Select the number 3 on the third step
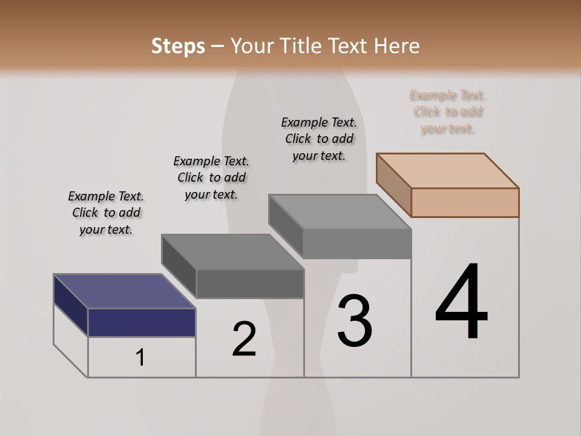coord(355,321)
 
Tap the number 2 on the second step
coord(245,339)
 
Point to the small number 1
coord(140,358)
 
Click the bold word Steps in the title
coord(178,46)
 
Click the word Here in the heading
coord(397,46)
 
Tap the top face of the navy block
coord(124,291)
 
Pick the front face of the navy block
coord(142,322)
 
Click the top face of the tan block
coord(448,170)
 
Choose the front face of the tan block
coord(465,202)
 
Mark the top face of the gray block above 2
coord(232,251)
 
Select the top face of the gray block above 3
coord(340,212)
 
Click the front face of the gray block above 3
coord(357,244)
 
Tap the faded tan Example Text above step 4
coord(448,112)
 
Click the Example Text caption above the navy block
coord(106,213)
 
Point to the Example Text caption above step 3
coord(319,139)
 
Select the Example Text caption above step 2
coord(211,177)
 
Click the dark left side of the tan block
coord(393,185)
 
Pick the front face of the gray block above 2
coord(250,283)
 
